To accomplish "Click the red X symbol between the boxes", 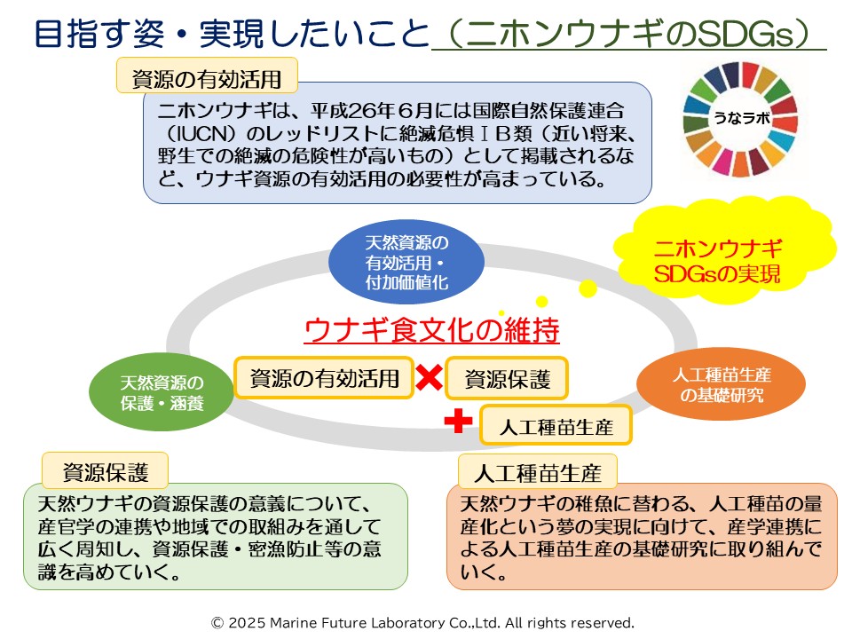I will tap(430, 379).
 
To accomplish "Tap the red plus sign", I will tap(458, 422).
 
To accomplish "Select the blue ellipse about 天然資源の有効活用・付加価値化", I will tap(406, 263).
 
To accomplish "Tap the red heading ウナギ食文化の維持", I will tap(432, 330).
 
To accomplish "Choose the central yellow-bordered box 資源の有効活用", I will tap(324, 379).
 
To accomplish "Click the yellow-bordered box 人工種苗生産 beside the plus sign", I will tap(556, 427).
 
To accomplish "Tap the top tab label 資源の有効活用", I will tap(206, 77).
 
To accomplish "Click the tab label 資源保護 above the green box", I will tap(105, 469).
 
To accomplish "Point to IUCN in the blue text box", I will tap(193, 133).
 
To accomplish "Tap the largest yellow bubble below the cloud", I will tap(587, 288).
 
